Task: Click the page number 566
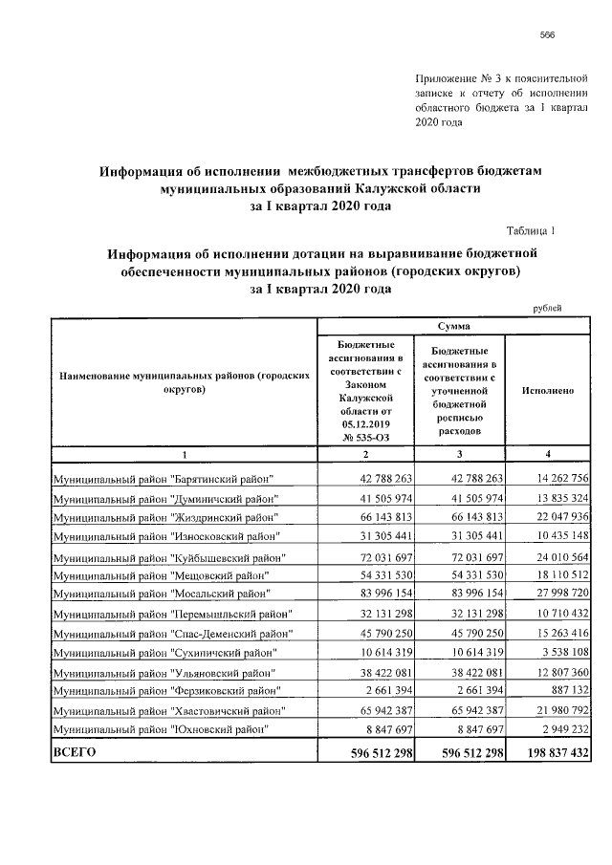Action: point(548,34)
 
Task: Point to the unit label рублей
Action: point(547,307)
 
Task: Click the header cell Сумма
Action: point(453,326)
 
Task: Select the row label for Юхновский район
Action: point(160,730)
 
